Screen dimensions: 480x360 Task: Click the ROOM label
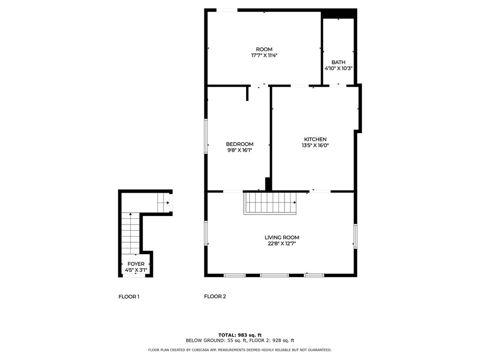(x=264, y=49)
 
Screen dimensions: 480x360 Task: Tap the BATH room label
(x=338, y=62)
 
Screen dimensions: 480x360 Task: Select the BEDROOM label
(x=240, y=144)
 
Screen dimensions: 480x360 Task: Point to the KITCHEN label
(x=315, y=139)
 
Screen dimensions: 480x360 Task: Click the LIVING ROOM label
(x=282, y=237)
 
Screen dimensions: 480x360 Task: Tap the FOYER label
(x=136, y=264)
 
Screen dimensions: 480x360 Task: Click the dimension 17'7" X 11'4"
(x=264, y=55)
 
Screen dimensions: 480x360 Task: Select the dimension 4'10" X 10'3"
(x=338, y=68)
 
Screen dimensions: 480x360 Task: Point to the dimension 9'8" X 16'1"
(x=240, y=150)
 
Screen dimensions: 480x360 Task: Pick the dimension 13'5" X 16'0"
(x=315, y=145)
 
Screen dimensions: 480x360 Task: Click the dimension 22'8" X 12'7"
(x=282, y=244)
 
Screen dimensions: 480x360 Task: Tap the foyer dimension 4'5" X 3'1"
(x=136, y=270)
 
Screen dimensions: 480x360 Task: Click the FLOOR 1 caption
(x=129, y=297)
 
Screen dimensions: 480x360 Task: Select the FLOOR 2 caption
(x=215, y=296)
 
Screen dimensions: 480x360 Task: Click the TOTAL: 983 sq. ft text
(x=240, y=335)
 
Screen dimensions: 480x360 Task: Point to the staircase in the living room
(x=270, y=203)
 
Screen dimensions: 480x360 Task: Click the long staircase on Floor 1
(x=131, y=233)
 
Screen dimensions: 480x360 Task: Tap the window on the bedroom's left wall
(x=206, y=136)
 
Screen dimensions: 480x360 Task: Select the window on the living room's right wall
(x=355, y=236)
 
